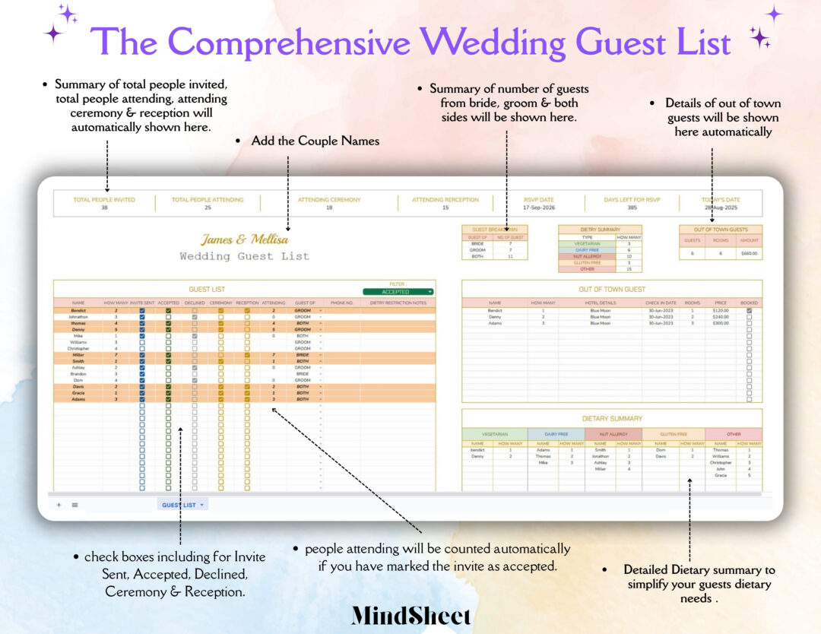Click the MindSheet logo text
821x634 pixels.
(410, 616)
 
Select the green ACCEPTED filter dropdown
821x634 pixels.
(398, 292)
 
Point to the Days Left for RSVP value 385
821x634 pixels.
(632, 208)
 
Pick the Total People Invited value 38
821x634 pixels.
(104, 208)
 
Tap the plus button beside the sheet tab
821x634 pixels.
(59, 505)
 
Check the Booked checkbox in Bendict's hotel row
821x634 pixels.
(749, 310)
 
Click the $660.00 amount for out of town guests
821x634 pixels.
(749, 254)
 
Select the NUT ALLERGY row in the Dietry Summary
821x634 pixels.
(587, 256)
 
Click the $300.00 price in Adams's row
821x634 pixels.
(720, 323)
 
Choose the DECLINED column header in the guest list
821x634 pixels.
(195, 303)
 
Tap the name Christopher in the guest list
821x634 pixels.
(78, 348)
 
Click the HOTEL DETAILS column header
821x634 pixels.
(600, 303)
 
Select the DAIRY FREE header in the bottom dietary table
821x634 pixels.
(556, 434)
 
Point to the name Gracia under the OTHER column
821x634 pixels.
(720, 476)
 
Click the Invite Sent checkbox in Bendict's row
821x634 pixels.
(142, 310)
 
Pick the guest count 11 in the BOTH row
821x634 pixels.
(509, 256)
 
